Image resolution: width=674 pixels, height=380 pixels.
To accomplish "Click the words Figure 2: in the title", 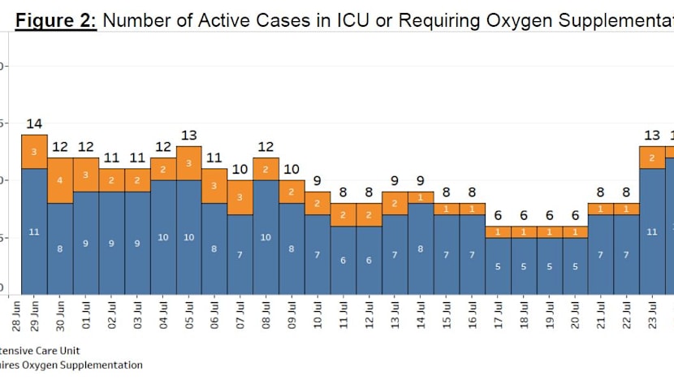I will (56, 20).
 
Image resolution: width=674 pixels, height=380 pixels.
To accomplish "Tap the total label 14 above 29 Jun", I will (34, 124).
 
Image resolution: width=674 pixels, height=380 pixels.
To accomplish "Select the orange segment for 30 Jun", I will (60, 180).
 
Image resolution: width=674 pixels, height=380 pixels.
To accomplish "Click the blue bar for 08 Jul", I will (266, 237).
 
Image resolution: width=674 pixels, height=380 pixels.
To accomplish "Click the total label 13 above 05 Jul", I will (188, 136).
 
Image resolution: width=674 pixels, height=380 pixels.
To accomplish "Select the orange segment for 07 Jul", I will (240, 197).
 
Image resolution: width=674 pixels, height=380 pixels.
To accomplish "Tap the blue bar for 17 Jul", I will (498, 266).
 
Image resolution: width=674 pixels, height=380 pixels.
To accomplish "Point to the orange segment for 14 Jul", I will (421, 197).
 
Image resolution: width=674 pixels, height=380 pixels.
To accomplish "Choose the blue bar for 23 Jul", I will (653, 231).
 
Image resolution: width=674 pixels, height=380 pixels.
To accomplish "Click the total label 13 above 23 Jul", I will (653, 136).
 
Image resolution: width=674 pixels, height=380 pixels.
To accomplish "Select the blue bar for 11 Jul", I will (343, 260).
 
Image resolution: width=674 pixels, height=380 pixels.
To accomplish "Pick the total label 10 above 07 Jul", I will (240, 170).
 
